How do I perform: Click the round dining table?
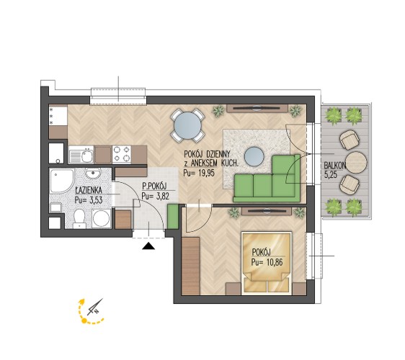(187, 126)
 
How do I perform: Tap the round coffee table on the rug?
(254, 157)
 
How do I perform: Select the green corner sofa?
(267, 181)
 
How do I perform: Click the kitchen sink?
(81, 154)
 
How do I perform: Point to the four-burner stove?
(122, 154)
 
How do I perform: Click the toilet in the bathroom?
(79, 219)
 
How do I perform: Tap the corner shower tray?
(62, 181)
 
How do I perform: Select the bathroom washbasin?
(93, 174)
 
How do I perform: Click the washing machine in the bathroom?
(102, 219)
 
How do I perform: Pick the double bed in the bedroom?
(267, 263)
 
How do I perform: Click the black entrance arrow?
(148, 246)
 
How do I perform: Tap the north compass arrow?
(95, 307)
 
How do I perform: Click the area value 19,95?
(206, 174)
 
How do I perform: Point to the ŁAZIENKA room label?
(89, 191)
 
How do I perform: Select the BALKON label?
(335, 165)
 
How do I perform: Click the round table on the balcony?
(356, 162)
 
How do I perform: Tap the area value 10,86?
(275, 263)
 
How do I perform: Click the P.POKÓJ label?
(154, 186)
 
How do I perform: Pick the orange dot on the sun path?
(84, 321)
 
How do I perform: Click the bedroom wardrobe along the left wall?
(191, 266)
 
